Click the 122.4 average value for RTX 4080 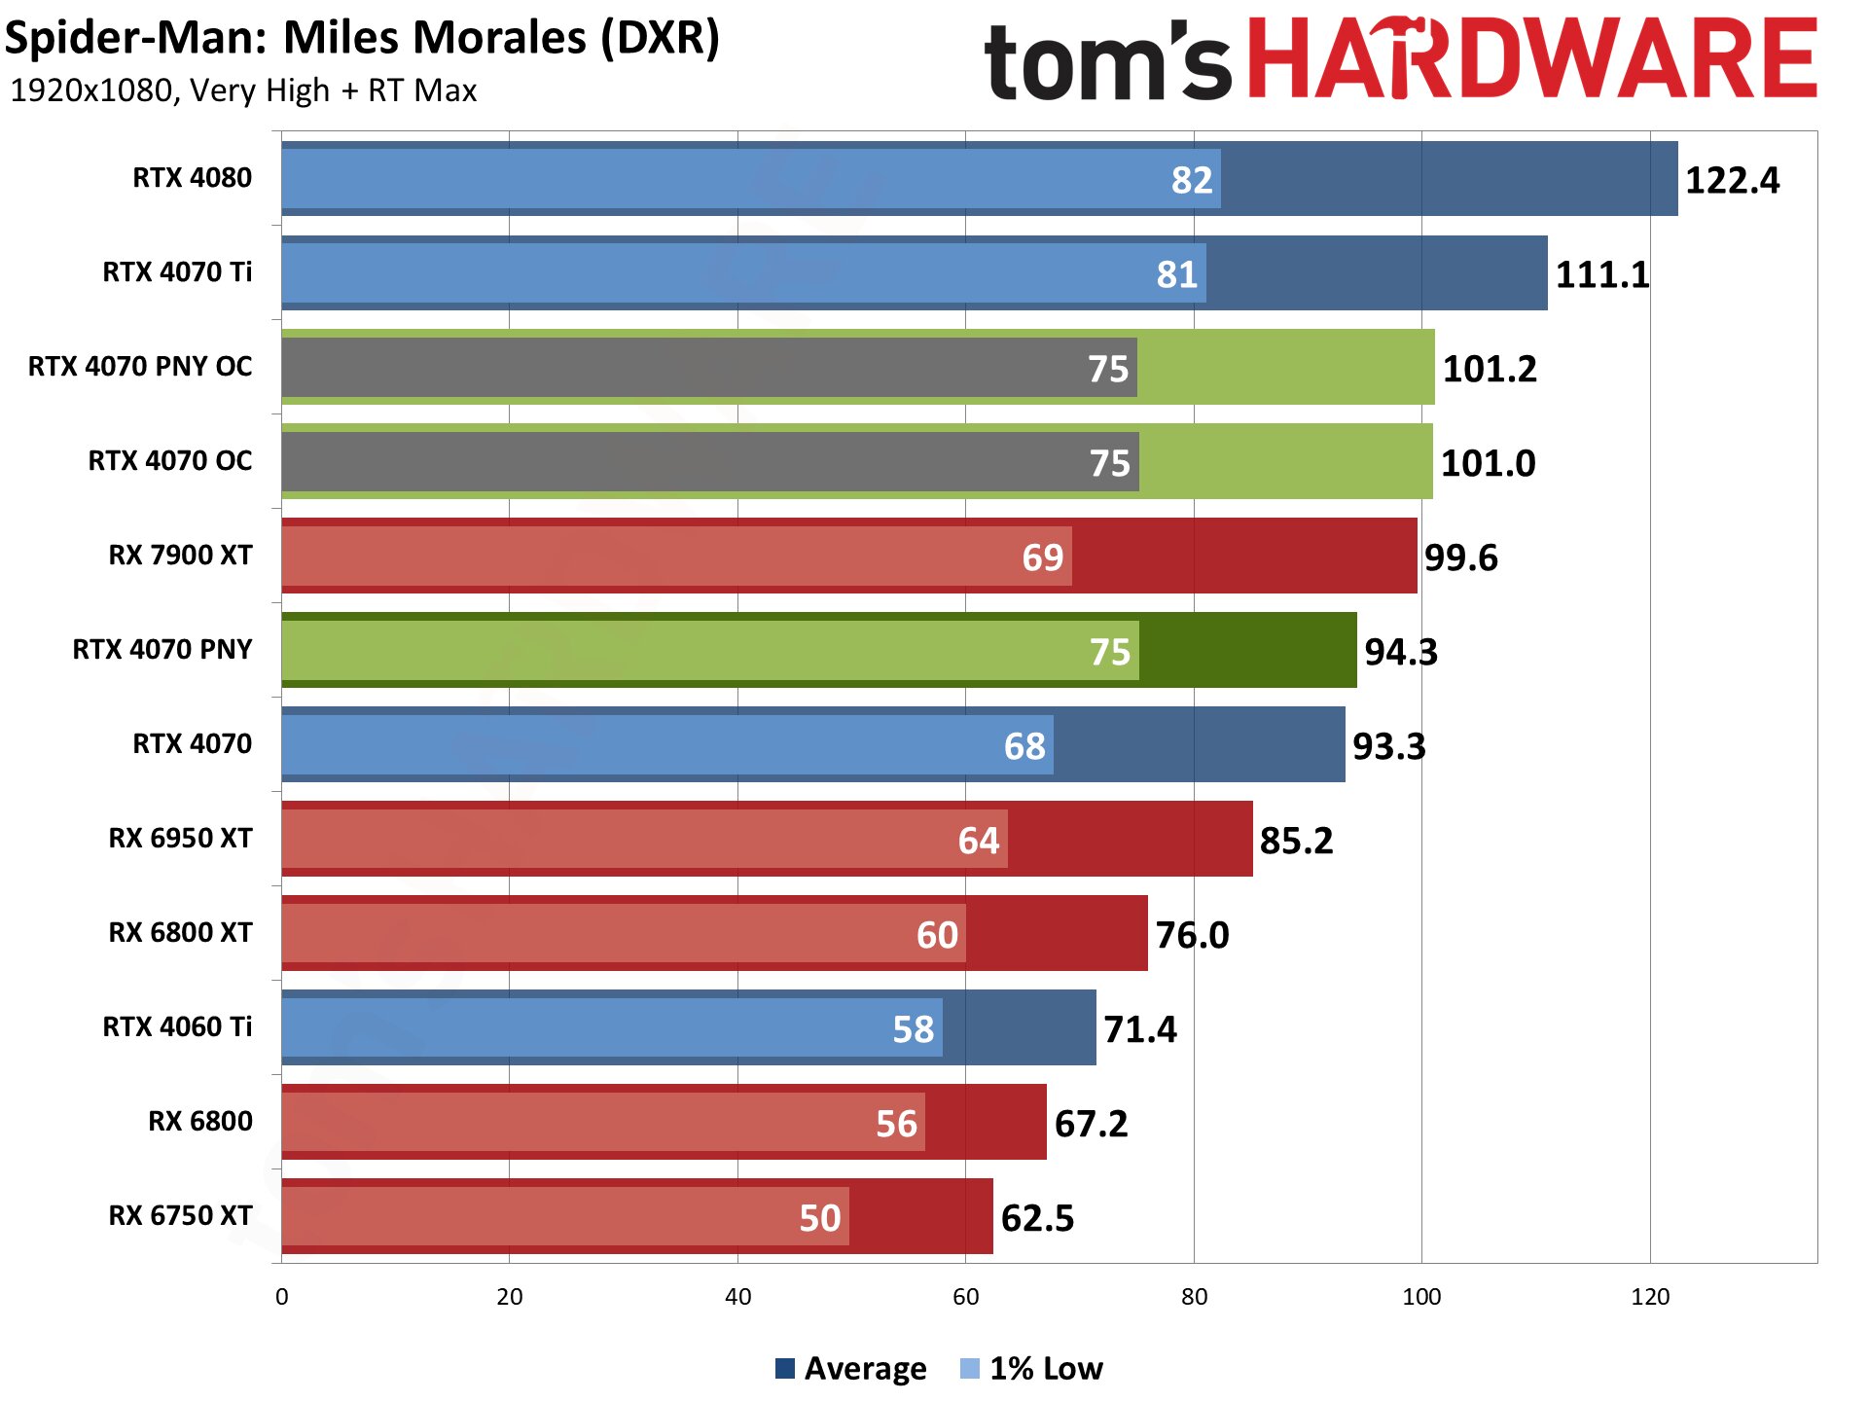[x=1731, y=180]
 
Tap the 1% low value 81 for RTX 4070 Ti [x=1176, y=274]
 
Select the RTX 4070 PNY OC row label [x=140, y=367]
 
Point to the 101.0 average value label [x=1488, y=463]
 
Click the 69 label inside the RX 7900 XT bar [x=1042, y=557]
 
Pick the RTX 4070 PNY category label [x=162, y=649]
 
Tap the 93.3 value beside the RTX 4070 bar [x=1388, y=746]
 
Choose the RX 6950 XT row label [x=180, y=838]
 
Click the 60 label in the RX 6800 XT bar [x=937, y=935]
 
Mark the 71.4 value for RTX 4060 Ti [x=1139, y=1029]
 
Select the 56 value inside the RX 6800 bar [x=896, y=1124]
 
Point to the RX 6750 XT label [x=180, y=1215]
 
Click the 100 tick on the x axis [x=1421, y=1297]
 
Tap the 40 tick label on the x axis [x=737, y=1297]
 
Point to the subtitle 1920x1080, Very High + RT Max [x=243, y=90]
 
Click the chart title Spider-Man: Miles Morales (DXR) [x=362, y=38]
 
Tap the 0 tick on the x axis [x=282, y=1297]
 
